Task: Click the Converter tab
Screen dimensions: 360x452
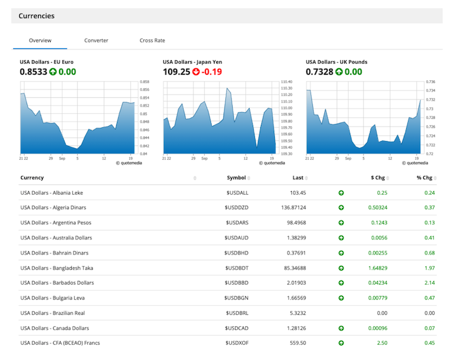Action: pyautogui.click(x=96, y=40)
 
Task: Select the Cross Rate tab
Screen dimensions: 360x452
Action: pyautogui.click(x=152, y=40)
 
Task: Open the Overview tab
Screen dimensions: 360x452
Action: pyautogui.click(x=40, y=40)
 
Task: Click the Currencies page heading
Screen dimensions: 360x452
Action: pyautogui.click(x=36, y=16)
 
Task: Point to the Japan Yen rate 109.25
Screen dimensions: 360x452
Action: pyautogui.click(x=176, y=72)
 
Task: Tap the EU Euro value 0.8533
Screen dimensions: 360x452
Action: pyautogui.click(x=34, y=72)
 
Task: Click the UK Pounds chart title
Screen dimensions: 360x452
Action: pyautogui.click(x=336, y=62)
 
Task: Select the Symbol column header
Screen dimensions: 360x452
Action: pyautogui.click(x=236, y=178)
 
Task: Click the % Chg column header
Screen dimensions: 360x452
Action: pyautogui.click(x=424, y=178)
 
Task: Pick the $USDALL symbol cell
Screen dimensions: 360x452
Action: pyautogui.click(x=236, y=193)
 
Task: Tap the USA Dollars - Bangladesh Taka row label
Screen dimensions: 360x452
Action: pyautogui.click(x=57, y=268)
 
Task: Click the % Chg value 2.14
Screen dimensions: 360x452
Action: pyautogui.click(x=429, y=283)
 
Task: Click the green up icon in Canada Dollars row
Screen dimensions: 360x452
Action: pyautogui.click(x=341, y=329)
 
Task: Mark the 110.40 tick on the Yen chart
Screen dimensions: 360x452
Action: pyautogui.click(x=286, y=81)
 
